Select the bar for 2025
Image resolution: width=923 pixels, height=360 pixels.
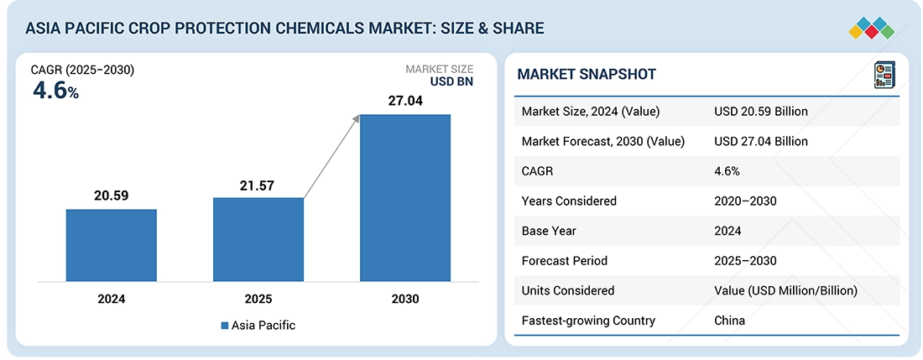pos(258,239)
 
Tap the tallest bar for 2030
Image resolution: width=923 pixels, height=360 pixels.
pos(404,197)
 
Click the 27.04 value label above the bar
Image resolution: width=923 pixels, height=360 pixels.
pos(404,102)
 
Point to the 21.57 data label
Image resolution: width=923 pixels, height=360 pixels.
pos(258,185)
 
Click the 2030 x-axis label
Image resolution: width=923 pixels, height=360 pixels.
pos(404,299)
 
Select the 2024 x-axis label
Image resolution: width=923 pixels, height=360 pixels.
pos(112,299)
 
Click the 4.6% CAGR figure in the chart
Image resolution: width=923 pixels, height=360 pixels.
pos(55,91)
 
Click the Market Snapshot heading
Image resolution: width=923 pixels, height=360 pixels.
pos(587,75)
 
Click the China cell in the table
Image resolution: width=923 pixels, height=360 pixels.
pos(730,321)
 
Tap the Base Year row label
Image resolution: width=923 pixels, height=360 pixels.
pos(548,231)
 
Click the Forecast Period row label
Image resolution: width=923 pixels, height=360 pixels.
pos(563,261)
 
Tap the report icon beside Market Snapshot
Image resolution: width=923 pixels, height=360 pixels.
pos(883,73)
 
